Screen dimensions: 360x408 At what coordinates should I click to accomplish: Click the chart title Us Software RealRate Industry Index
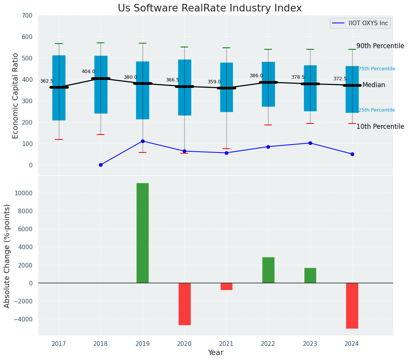pos(210,8)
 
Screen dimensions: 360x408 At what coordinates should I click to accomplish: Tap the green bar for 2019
pos(143,233)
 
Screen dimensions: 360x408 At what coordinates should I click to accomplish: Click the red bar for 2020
pos(184,304)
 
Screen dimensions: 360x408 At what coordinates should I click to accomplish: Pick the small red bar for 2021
pos(226,286)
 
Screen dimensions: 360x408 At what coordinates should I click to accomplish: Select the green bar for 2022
pos(268,270)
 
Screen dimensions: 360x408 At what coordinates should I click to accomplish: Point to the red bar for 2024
pos(352,305)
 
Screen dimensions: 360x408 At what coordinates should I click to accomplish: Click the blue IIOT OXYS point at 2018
pos(101,165)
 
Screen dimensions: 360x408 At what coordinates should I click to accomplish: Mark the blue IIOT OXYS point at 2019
pos(143,141)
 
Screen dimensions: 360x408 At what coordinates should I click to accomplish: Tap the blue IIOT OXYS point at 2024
pos(352,154)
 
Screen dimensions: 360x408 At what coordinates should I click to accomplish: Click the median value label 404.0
pos(88,71)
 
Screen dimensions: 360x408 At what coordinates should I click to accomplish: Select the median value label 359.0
pos(214,82)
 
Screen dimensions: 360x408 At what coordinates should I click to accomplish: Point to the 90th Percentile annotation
pos(380,46)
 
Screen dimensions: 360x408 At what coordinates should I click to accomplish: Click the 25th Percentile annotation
pos(377,110)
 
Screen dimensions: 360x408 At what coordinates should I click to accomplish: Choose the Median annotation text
pos(374,85)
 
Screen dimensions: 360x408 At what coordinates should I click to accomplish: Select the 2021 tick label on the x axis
pos(226,344)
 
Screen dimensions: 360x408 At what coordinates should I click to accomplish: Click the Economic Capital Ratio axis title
pos(16,96)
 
